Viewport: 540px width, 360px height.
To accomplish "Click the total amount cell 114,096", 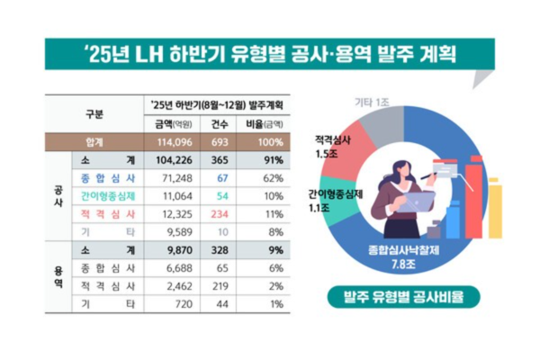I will (173, 142).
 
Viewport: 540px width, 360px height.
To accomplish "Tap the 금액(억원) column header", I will (173, 125).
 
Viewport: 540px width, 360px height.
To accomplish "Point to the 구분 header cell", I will (94, 114).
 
